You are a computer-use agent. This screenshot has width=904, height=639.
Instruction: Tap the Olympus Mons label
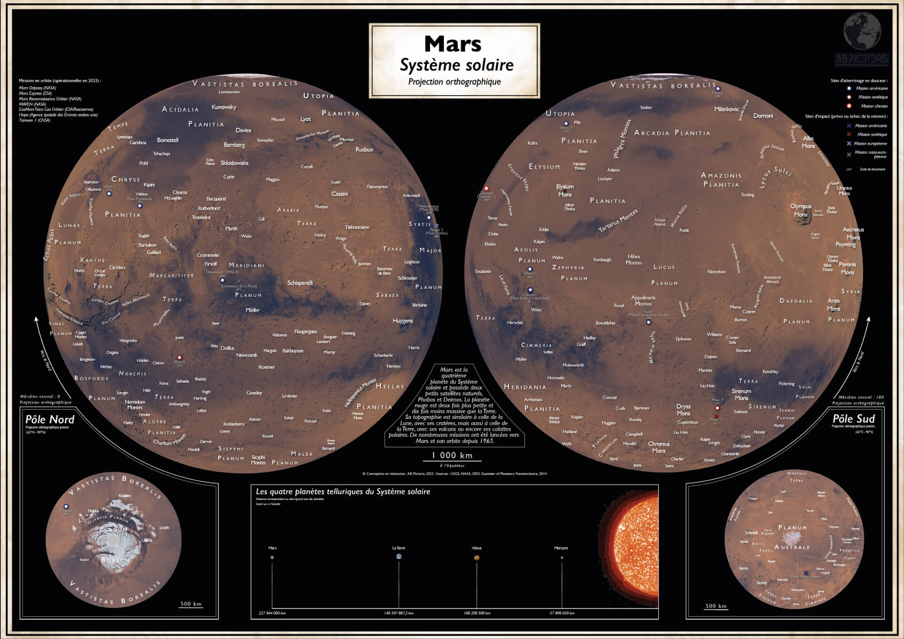pyautogui.click(x=800, y=210)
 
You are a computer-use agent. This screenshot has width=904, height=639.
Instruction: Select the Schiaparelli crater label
pyautogui.click(x=300, y=283)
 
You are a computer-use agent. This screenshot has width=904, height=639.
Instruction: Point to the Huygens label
pyautogui.click(x=403, y=321)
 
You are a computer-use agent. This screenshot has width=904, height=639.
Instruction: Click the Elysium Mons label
pyautogui.click(x=565, y=190)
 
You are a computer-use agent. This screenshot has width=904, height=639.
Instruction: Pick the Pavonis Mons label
pyautogui.click(x=847, y=268)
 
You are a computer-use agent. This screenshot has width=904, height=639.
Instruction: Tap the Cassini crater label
pyautogui.click(x=339, y=194)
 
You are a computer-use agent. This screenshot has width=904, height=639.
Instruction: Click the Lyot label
pyautogui.click(x=306, y=119)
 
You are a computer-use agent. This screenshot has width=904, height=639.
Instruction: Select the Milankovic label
pyautogui.click(x=726, y=109)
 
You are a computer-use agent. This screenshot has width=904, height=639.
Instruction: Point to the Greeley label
pyautogui.click(x=254, y=393)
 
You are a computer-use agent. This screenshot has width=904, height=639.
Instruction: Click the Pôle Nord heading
pyautogui.click(x=50, y=419)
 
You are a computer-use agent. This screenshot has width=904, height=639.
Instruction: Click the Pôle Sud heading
pyautogui.click(x=854, y=418)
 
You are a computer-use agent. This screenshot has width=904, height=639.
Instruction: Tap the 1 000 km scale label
pyautogui.click(x=452, y=455)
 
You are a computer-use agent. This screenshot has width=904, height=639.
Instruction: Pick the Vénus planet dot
pyautogui.click(x=476, y=557)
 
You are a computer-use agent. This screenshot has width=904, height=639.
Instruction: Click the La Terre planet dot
pyautogui.click(x=399, y=557)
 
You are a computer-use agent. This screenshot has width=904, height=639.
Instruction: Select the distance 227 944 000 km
pyautogui.click(x=272, y=613)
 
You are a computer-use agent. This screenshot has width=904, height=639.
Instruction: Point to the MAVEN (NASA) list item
pyautogui.click(x=32, y=104)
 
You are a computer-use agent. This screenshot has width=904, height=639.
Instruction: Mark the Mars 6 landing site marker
pyautogui.click(x=179, y=358)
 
